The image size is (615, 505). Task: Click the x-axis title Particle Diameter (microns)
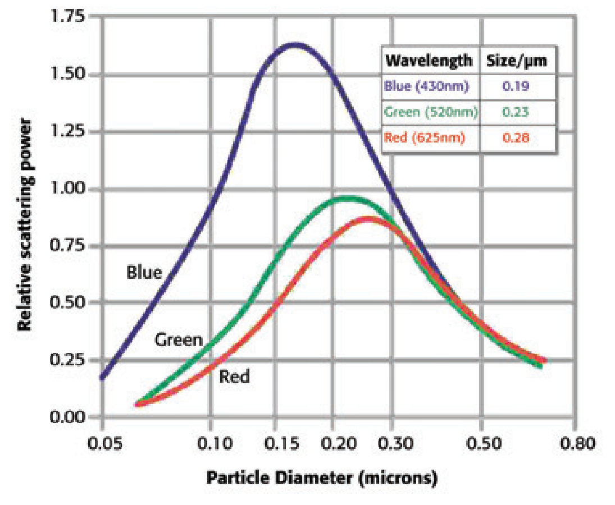[322, 479]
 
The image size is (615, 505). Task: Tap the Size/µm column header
[516, 61]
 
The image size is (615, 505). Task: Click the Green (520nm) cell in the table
[430, 112]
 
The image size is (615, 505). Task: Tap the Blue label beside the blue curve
[144, 273]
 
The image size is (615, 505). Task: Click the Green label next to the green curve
[179, 340]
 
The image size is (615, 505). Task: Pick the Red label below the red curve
[234, 377]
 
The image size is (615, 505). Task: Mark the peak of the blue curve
[296, 44]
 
